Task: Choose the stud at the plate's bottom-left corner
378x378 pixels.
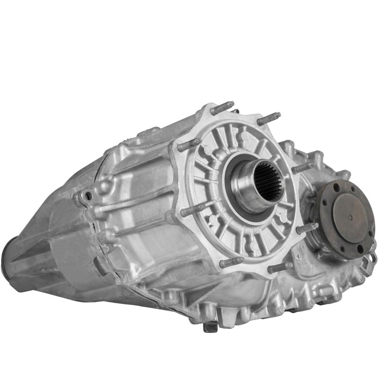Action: pyautogui.click(x=232, y=261)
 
